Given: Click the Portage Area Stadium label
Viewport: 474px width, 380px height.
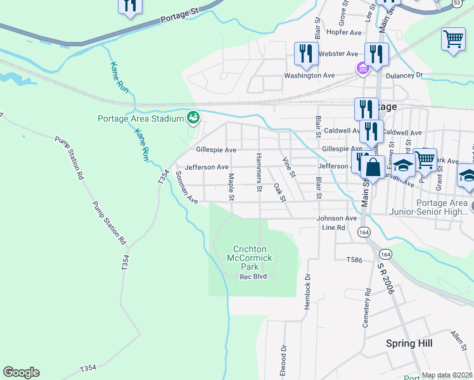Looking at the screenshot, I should (x=140, y=118).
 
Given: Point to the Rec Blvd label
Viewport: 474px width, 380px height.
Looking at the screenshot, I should (x=253, y=277).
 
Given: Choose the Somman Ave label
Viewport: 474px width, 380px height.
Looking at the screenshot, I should (x=187, y=187).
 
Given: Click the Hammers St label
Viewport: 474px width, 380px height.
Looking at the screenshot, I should (x=259, y=172).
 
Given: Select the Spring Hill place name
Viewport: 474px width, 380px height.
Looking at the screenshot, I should (x=409, y=343).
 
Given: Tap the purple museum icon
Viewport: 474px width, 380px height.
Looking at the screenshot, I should (x=362, y=69).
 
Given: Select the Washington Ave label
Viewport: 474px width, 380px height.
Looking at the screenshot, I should (x=309, y=75).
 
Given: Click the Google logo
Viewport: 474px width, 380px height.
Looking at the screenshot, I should (x=21, y=372).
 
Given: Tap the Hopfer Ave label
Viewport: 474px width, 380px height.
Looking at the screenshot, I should (x=343, y=32).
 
